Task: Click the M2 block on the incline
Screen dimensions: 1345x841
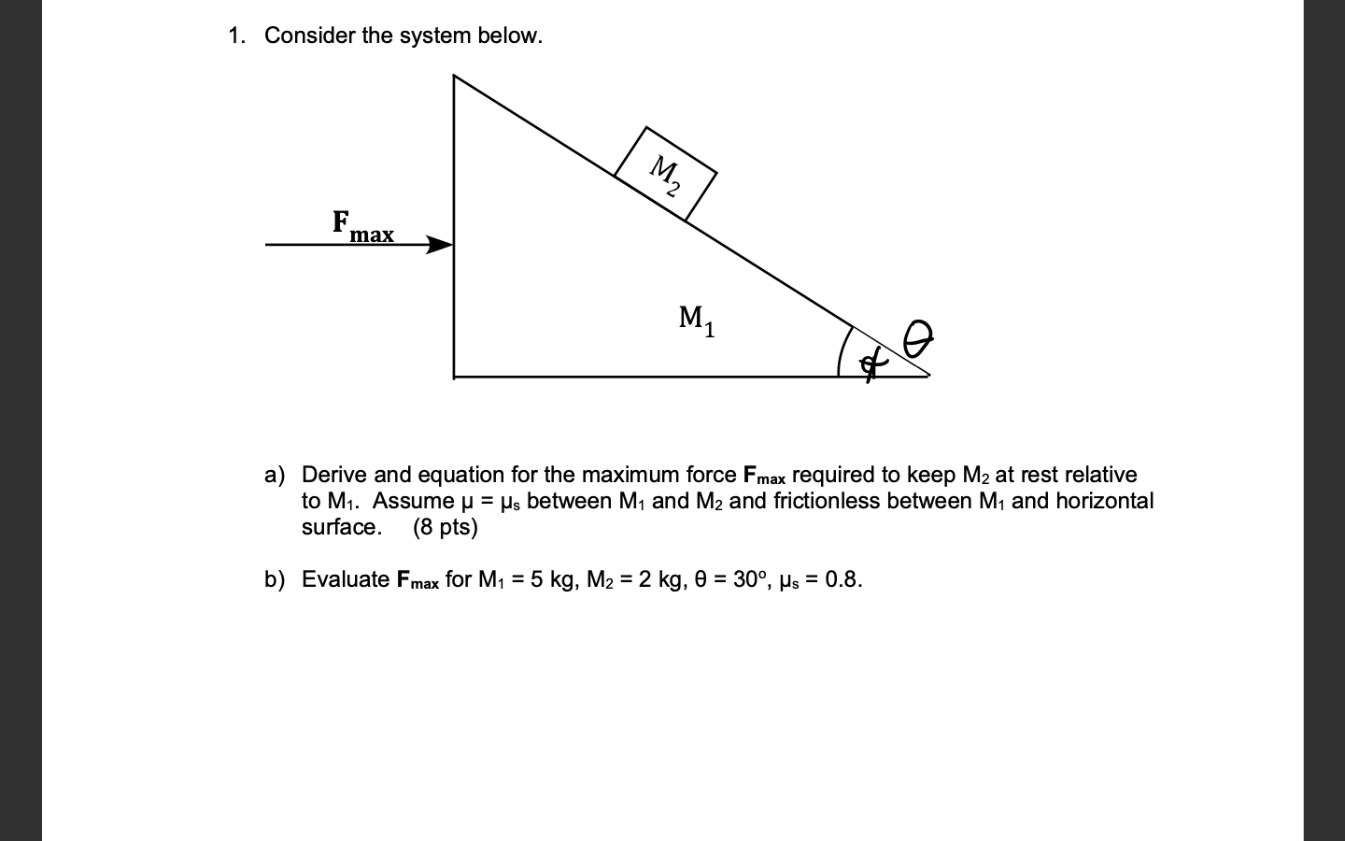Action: click(x=666, y=174)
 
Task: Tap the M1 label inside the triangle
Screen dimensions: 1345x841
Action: click(x=697, y=321)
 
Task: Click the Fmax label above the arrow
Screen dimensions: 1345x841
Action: click(x=363, y=226)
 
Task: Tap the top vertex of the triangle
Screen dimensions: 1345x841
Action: click(x=455, y=76)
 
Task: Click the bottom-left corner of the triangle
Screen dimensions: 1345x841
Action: click(x=455, y=376)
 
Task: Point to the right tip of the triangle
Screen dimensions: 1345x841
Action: click(x=927, y=375)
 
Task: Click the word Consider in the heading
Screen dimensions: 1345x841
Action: click(x=310, y=36)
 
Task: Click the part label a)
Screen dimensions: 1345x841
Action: click(x=275, y=475)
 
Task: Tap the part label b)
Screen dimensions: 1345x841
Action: click(x=275, y=579)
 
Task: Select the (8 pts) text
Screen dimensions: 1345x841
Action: click(x=445, y=527)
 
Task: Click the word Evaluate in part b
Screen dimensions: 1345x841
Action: click(x=346, y=579)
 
